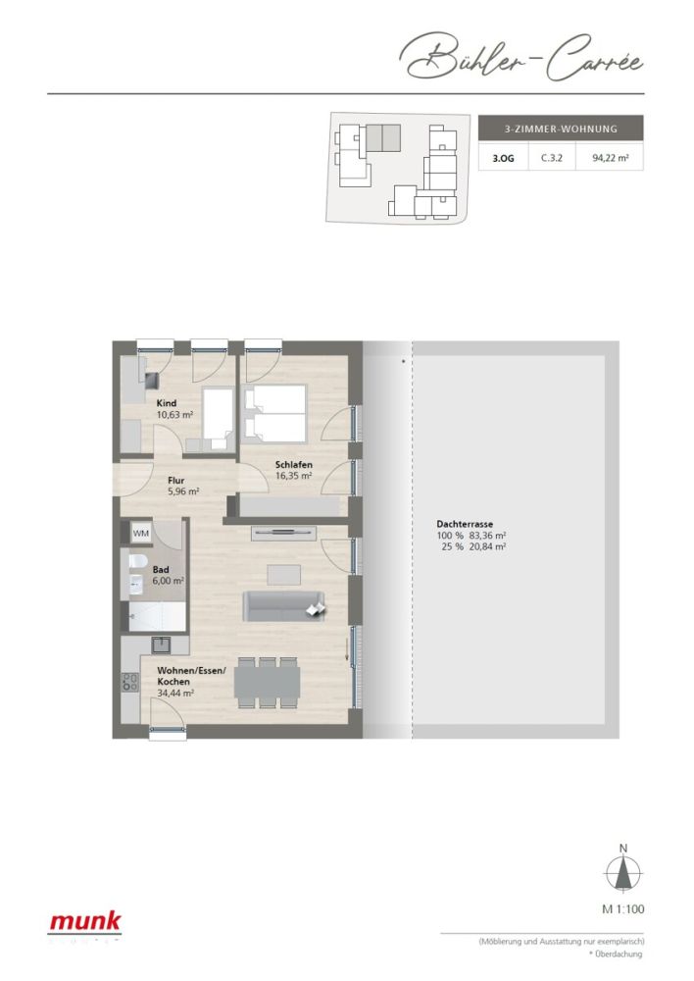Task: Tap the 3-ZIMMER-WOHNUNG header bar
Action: (x=560, y=129)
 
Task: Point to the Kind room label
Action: (x=167, y=402)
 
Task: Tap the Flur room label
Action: (x=175, y=481)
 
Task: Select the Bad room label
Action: (x=160, y=569)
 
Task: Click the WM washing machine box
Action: (x=140, y=533)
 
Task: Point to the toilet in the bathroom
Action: (x=137, y=561)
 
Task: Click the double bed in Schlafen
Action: (x=275, y=412)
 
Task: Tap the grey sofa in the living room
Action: (x=283, y=605)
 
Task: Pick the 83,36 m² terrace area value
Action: (x=487, y=536)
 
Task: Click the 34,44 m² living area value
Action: (x=174, y=693)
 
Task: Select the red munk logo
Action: (x=86, y=921)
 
